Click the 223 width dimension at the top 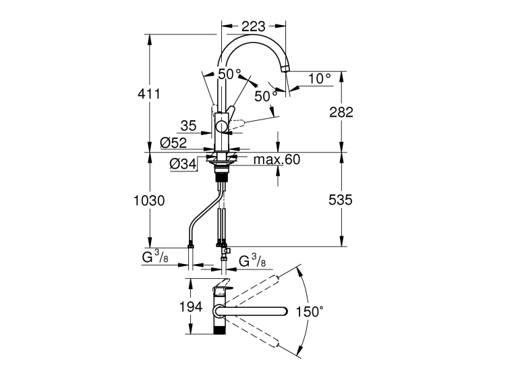[253, 26]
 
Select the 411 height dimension [149, 94]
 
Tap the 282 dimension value [341, 112]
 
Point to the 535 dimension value [341, 200]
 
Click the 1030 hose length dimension [149, 201]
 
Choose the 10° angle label [320, 79]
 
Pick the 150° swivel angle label [310, 311]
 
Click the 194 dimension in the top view [191, 307]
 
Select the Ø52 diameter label [173, 142]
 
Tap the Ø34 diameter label [183, 163]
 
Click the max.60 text [277, 159]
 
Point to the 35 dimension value [189, 126]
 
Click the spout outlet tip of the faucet [285, 69]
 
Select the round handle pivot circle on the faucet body [221, 126]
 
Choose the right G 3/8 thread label [252, 261]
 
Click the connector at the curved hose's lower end [190, 245]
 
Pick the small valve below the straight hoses [226, 253]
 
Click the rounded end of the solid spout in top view [284, 311]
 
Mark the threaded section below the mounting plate [222, 178]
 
